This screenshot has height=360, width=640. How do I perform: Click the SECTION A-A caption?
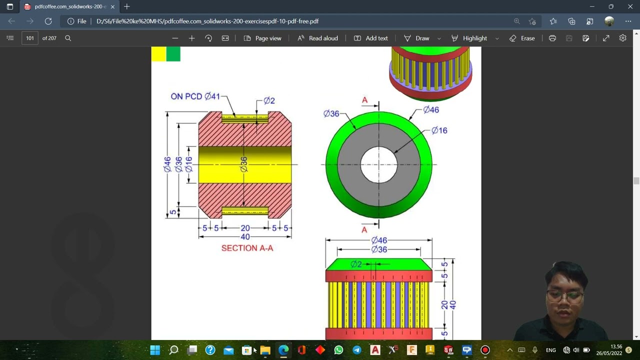(x=247, y=248)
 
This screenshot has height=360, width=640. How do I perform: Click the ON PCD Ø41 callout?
(x=195, y=96)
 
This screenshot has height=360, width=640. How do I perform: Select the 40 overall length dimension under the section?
(x=245, y=237)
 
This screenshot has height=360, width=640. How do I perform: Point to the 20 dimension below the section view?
(x=245, y=228)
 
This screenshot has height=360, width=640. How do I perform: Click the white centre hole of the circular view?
(x=378, y=164)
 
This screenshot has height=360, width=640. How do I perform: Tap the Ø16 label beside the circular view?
(x=439, y=130)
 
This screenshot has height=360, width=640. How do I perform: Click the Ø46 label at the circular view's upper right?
(x=430, y=109)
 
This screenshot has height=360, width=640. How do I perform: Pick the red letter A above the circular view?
(x=364, y=100)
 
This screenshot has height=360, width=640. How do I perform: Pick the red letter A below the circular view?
(x=364, y=229)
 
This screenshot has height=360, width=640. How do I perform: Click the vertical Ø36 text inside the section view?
(x=244, y=164)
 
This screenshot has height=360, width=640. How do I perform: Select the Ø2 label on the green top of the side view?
(x=356, y=264)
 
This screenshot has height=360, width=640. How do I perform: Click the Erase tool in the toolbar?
(x=522, y=38)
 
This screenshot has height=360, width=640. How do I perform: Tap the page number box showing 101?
(x=30, y=38)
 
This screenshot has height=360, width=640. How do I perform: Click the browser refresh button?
(x=48, y=21)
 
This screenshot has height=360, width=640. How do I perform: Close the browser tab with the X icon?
(x=112, y=7)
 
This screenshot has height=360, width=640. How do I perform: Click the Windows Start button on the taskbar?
(x=155, y=350)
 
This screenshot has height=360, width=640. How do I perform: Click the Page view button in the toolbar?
(x=262, y=38)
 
